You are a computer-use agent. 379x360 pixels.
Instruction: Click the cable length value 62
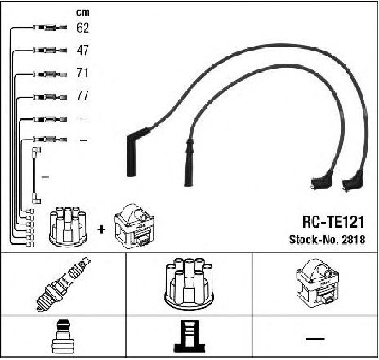[x=82, y=28]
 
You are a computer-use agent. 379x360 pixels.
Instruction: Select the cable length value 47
[x=82, y=51]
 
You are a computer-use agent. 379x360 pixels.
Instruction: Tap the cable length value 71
[x=82, y=73]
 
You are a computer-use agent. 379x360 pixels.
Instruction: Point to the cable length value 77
[x=82, y=96]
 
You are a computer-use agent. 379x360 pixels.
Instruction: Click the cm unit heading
[x=82, y=12]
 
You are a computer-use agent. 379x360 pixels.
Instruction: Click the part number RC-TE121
[x=333, y=222]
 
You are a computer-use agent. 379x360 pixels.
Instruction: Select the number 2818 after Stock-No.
[x=353, y=240]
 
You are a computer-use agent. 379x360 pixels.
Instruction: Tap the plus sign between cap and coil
[x=101, y=230]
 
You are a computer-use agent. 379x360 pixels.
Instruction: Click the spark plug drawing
[x=63, y=284]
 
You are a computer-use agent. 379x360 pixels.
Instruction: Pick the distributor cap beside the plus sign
[x=68, y=227]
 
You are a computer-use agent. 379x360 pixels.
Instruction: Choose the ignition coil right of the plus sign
[x=134, y=226]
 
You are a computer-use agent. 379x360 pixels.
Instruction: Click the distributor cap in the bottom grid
[x=189, y=284]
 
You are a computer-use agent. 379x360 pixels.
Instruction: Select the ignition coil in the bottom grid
[x=317, y=283]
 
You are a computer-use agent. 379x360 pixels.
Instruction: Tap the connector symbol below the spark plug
[x=62, y=337]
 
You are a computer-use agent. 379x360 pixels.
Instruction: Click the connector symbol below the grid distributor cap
[x=189, y=336]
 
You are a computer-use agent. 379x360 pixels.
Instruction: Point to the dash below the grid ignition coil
[x=315, y=339]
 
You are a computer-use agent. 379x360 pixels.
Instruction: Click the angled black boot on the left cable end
[x=136, y=151]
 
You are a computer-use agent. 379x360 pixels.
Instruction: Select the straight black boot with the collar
[x=189, y=162]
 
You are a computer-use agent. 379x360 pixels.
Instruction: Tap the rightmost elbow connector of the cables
[x=353, y=181]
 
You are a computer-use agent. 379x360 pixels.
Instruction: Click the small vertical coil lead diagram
[x=35, y=176]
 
